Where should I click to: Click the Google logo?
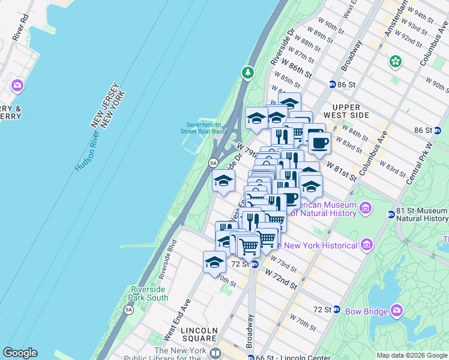pos(20,353)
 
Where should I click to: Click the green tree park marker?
pos(248,73)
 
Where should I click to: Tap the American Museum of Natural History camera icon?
pos(366,208)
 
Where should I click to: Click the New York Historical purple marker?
pos(366,244)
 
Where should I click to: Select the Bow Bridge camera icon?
pos(396,310)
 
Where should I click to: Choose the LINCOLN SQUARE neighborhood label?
pos(199,334)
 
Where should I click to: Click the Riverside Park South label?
pos(149,293)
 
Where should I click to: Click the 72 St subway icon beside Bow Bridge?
pos(337,310)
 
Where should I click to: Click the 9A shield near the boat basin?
pos(212,163)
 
